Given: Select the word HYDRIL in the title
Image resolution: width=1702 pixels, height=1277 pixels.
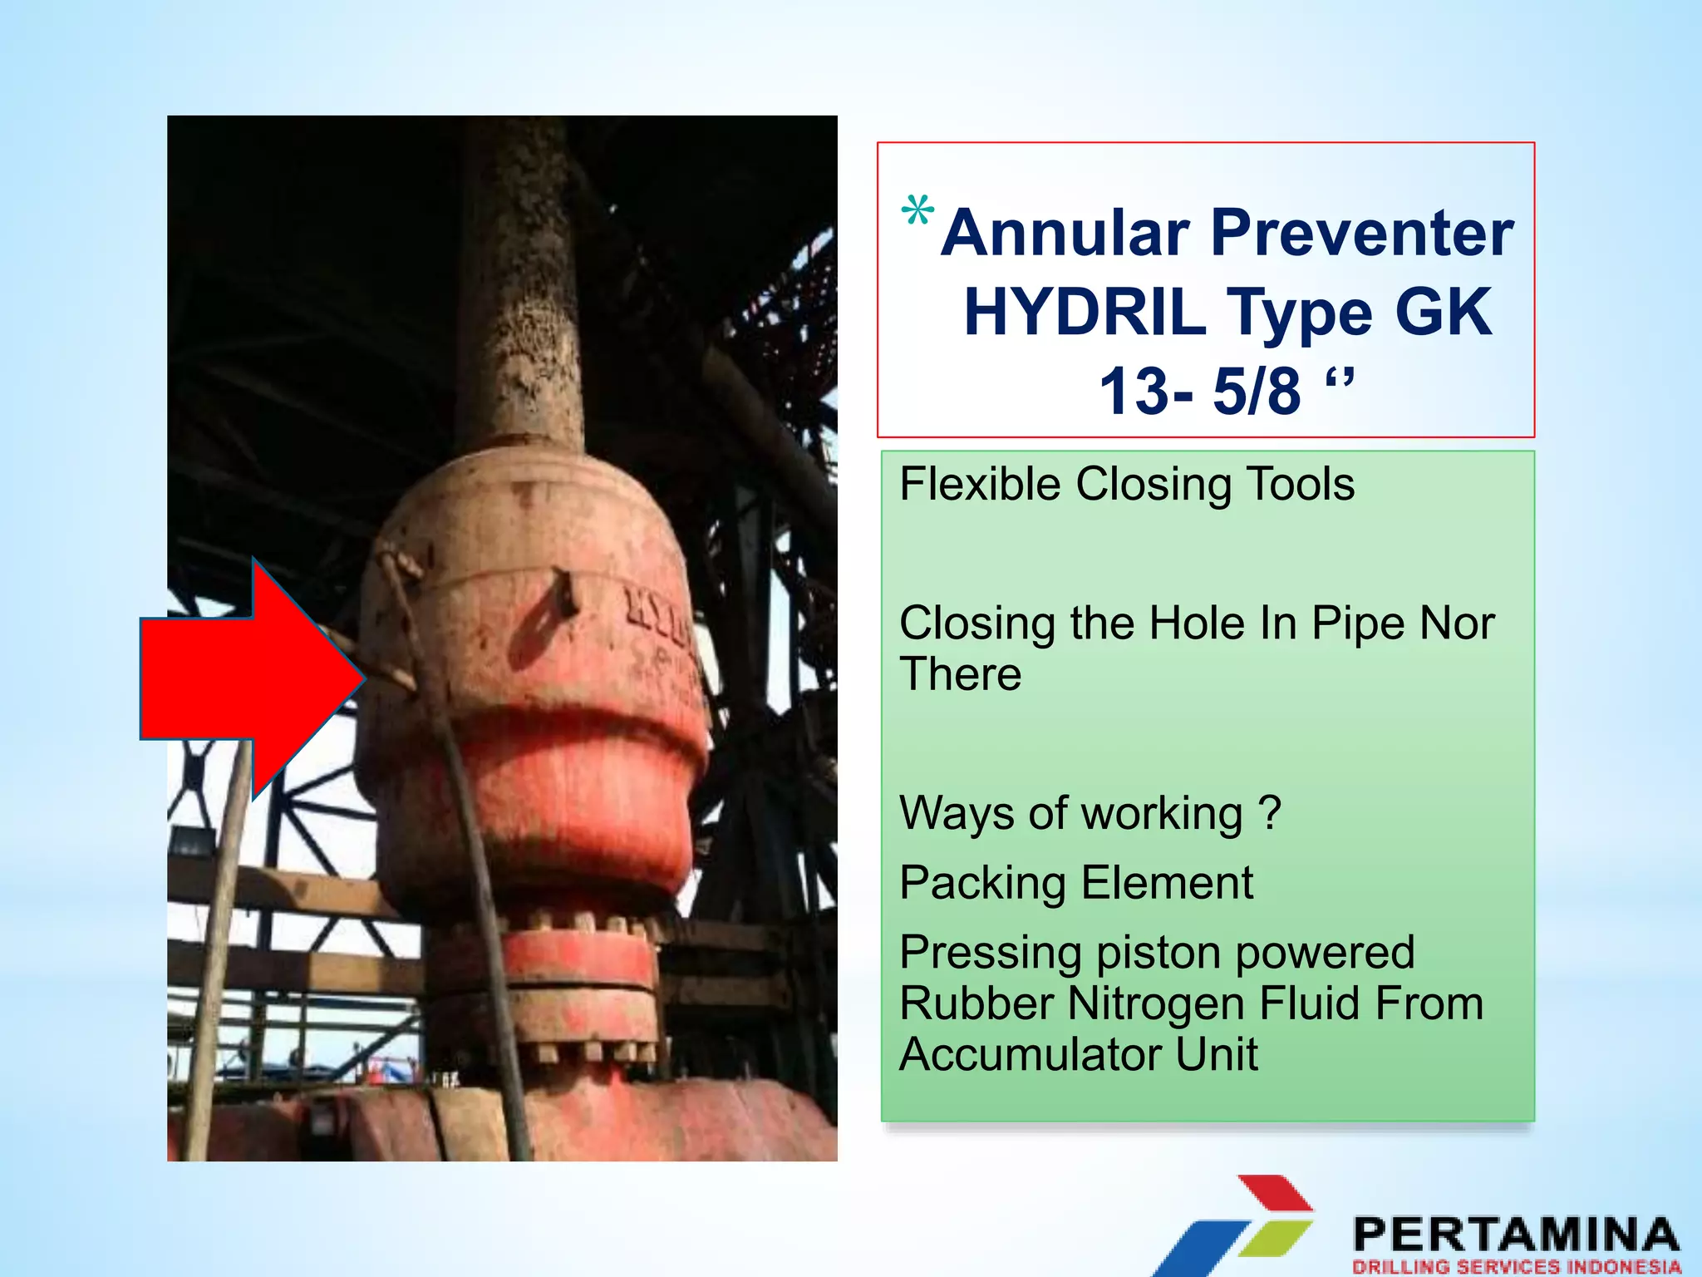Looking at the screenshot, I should (x=1085, y=313).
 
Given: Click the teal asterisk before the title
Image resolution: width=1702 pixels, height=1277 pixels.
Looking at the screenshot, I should (x=917, y=211).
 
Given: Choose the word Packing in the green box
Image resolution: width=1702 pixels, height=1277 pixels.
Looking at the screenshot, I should (x=982, y=884).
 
